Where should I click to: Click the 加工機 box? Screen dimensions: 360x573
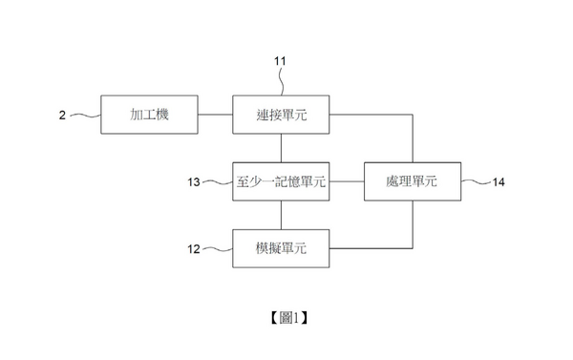coord(148,116)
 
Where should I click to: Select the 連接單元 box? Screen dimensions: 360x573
coord(281,116)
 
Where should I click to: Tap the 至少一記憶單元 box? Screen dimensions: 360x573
coord(281,181)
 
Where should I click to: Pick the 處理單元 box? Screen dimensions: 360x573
coord(413,181)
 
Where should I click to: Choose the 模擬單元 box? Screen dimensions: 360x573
coord(281,248)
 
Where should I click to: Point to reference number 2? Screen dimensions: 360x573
coord(62,116)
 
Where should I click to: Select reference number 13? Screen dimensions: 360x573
coord(194,181)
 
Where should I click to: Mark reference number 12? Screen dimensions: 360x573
coord(194,248)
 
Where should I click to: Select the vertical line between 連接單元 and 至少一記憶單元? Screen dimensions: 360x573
coord(281,148)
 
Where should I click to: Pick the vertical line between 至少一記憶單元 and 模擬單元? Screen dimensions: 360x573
coord(281,215)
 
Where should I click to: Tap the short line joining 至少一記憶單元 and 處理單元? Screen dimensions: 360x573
coord(347,181)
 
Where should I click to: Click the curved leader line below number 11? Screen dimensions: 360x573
coord(283,81)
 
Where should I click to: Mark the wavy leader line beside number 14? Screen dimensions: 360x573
coord(475,181)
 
